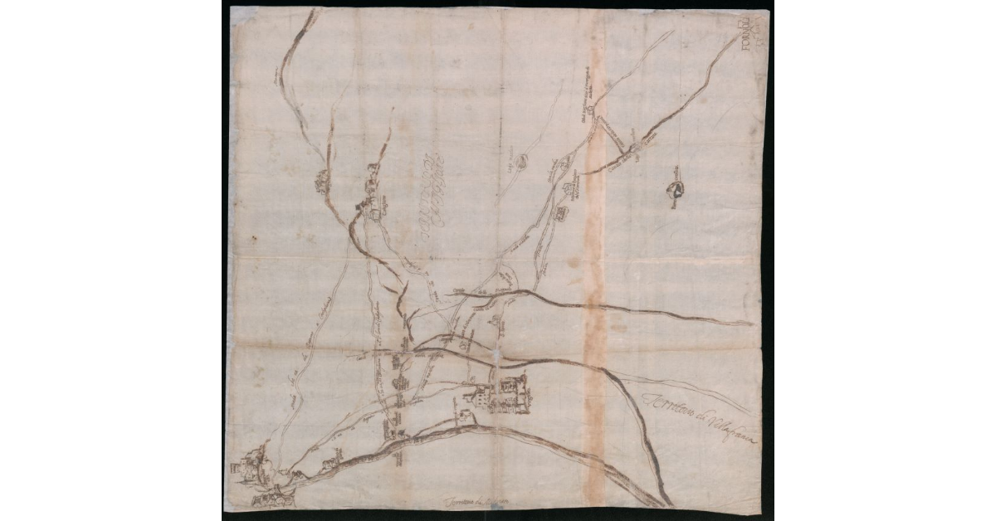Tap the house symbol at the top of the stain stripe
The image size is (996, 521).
(590, 109)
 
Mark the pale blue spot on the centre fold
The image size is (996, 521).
(496, 355)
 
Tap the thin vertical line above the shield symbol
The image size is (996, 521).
(680, 116)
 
